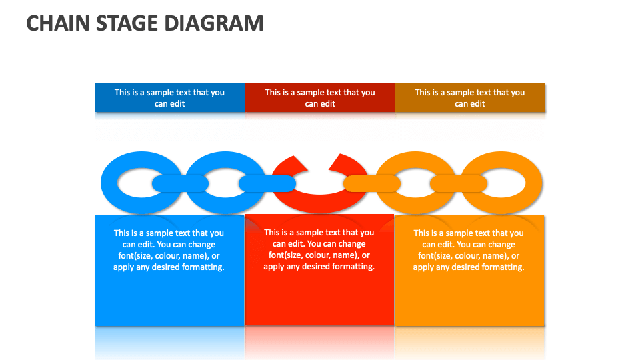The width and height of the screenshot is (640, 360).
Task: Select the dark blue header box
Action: (x=169, y=98)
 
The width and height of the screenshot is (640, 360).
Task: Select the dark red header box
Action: (x=320, y=98)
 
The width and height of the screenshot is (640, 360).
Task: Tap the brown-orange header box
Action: (x=470, y=98)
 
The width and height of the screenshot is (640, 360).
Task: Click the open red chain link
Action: (x=319, y=201)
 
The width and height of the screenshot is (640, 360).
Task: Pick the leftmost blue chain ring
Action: (x=110, y=183)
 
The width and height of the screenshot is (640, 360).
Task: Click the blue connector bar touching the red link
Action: (x=267, y=183)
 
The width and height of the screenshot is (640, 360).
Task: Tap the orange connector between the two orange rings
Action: (x=459, y=183)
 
